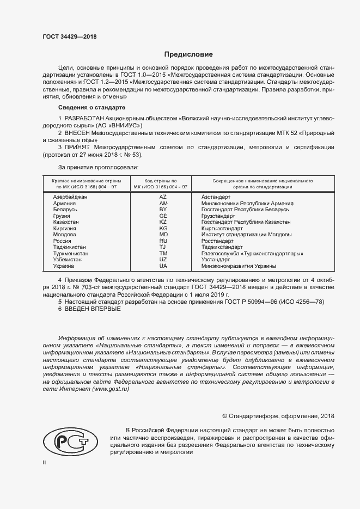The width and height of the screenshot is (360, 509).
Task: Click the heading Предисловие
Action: [189, 54]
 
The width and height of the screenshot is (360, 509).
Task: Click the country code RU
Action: [163, 241]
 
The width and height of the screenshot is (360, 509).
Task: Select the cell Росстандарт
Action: [217, 241]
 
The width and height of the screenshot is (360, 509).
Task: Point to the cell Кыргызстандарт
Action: [222, 228]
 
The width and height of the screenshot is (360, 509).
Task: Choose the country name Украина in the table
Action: [64, 266]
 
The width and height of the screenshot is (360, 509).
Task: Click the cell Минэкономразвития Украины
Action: [238, 266]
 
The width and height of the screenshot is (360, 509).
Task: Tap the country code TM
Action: [163, 254]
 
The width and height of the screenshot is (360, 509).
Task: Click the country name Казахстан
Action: [66, 222]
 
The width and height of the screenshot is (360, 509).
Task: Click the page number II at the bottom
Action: [45, 463]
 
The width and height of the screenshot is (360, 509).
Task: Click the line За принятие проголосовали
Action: [98, 167]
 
